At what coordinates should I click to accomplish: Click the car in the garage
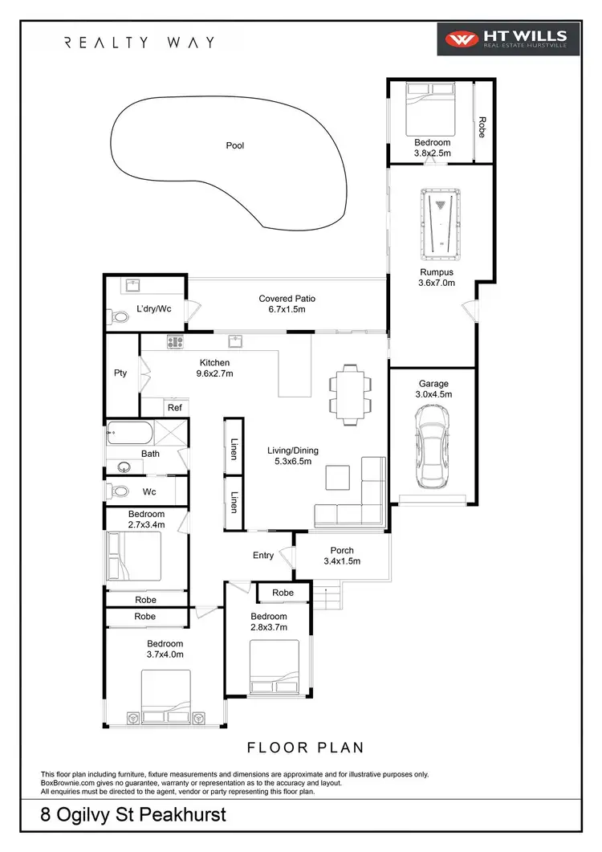click(432, 450)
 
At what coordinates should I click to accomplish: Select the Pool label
click(234, 146)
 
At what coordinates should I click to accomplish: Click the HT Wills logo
click(502, 39)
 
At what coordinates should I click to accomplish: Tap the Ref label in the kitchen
click(175, 408)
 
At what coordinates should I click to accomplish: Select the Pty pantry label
click(120, 373)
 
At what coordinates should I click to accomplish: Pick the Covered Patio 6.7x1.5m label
click(287, 304)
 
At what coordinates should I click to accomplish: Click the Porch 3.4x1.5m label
click(342, 556)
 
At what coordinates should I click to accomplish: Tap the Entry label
click(262, 555)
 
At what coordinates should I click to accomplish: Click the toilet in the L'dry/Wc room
click(120, 317)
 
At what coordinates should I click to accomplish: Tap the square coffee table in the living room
click(337, 478)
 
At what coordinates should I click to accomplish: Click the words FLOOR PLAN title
click(305, 748)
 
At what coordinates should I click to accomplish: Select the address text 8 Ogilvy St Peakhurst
click(134, 816)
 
